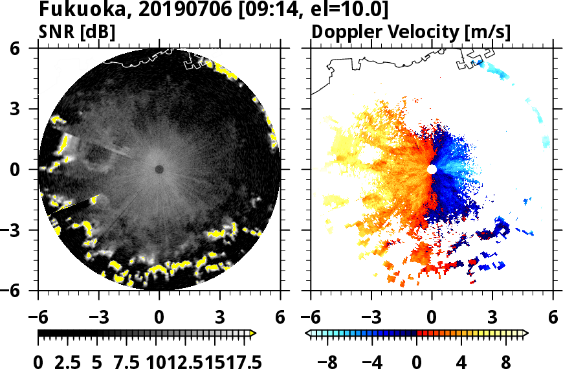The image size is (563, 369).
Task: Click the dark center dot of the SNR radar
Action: point(159,170)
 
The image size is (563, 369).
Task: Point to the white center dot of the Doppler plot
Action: point(432,170)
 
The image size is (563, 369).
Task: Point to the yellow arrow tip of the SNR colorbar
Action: point(254,333)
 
